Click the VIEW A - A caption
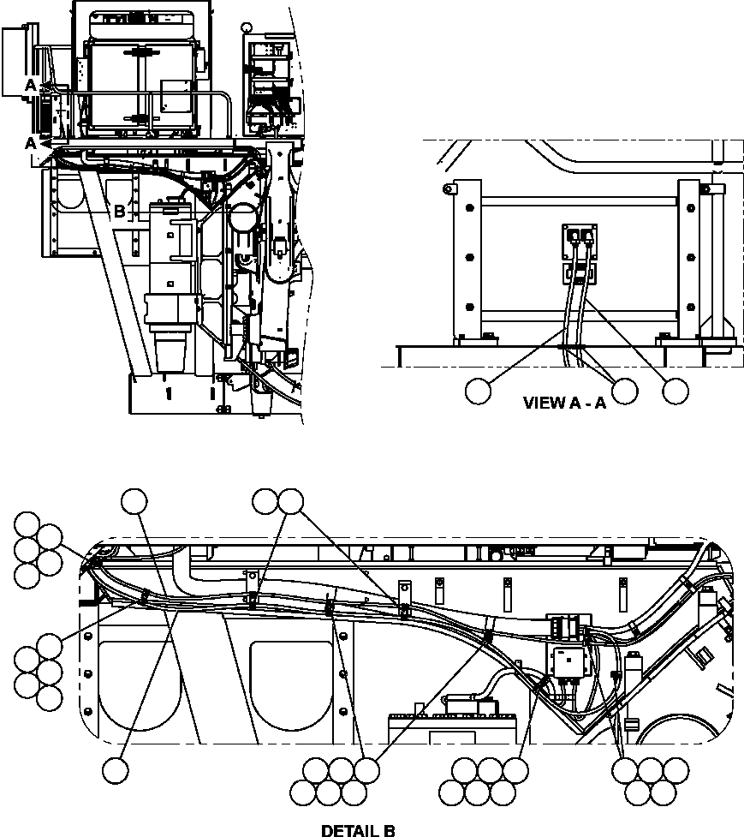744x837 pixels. point(564,403)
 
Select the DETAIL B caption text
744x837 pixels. point(358,830)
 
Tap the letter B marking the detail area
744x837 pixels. point(120,210)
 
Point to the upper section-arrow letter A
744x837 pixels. point(31,86)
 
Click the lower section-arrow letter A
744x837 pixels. point(31,143)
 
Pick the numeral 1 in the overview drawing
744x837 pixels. point(169,393)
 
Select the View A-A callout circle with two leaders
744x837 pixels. point(624,391)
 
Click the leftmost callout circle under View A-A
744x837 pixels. point(479,391)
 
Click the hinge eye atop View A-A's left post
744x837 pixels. point(446,188)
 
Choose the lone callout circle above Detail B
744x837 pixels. point(134,501)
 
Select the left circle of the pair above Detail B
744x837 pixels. point(266,501)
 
